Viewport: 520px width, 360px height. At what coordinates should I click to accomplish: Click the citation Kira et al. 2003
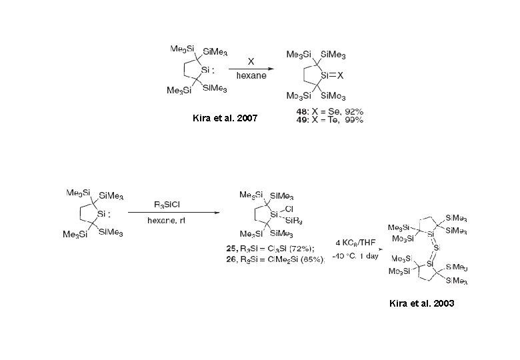422,303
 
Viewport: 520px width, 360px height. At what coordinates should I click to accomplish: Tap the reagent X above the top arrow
251,61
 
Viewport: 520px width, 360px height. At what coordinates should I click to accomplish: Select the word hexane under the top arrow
251,75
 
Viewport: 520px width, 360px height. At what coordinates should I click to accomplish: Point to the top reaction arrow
251,68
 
